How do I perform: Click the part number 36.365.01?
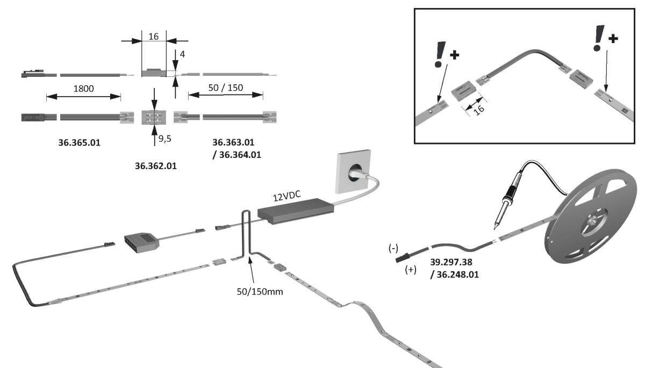click(x=79, y=143)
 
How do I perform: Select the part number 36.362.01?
click(x=155, y=166)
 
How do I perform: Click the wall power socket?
click(x=355, y=172)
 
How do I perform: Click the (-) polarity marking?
click(x=393, y=248)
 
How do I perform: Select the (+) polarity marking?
click(x=410, y=270)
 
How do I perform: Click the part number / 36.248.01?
click(x=454, y=274)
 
